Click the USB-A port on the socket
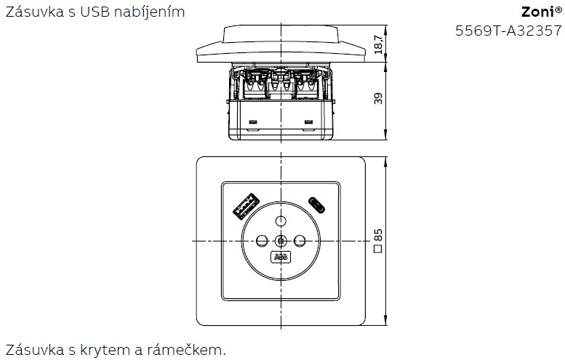(247, 207)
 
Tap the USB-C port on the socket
(317, 205)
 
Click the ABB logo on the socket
(281, 257)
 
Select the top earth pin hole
(281, 220)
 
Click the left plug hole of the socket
(262, 240)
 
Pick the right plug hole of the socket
(300, 240)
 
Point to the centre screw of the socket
(281, 240)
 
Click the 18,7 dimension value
(378, 44)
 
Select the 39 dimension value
(378, 98)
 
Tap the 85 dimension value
(378, 235)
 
